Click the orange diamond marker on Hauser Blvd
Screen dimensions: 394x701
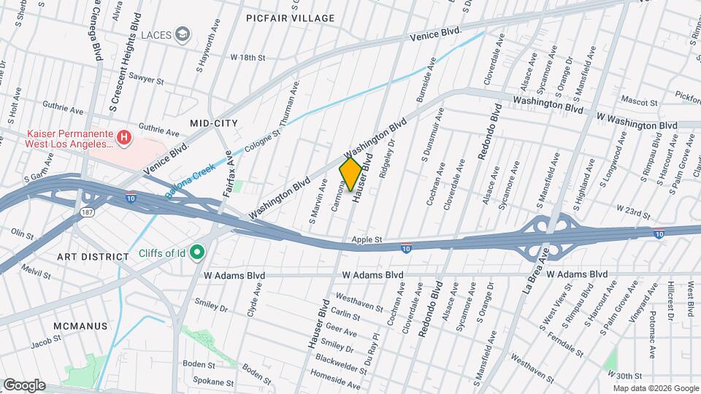(350, 174)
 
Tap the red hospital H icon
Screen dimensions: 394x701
(125, 136)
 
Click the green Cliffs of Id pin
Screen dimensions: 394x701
(196, 254)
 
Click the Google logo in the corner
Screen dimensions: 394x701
(24, 385)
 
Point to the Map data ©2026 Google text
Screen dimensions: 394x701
(654, 388)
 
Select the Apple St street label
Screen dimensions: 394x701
(367, 239)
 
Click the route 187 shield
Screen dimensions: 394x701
(86, 212)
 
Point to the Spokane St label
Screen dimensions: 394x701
(213, 381)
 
